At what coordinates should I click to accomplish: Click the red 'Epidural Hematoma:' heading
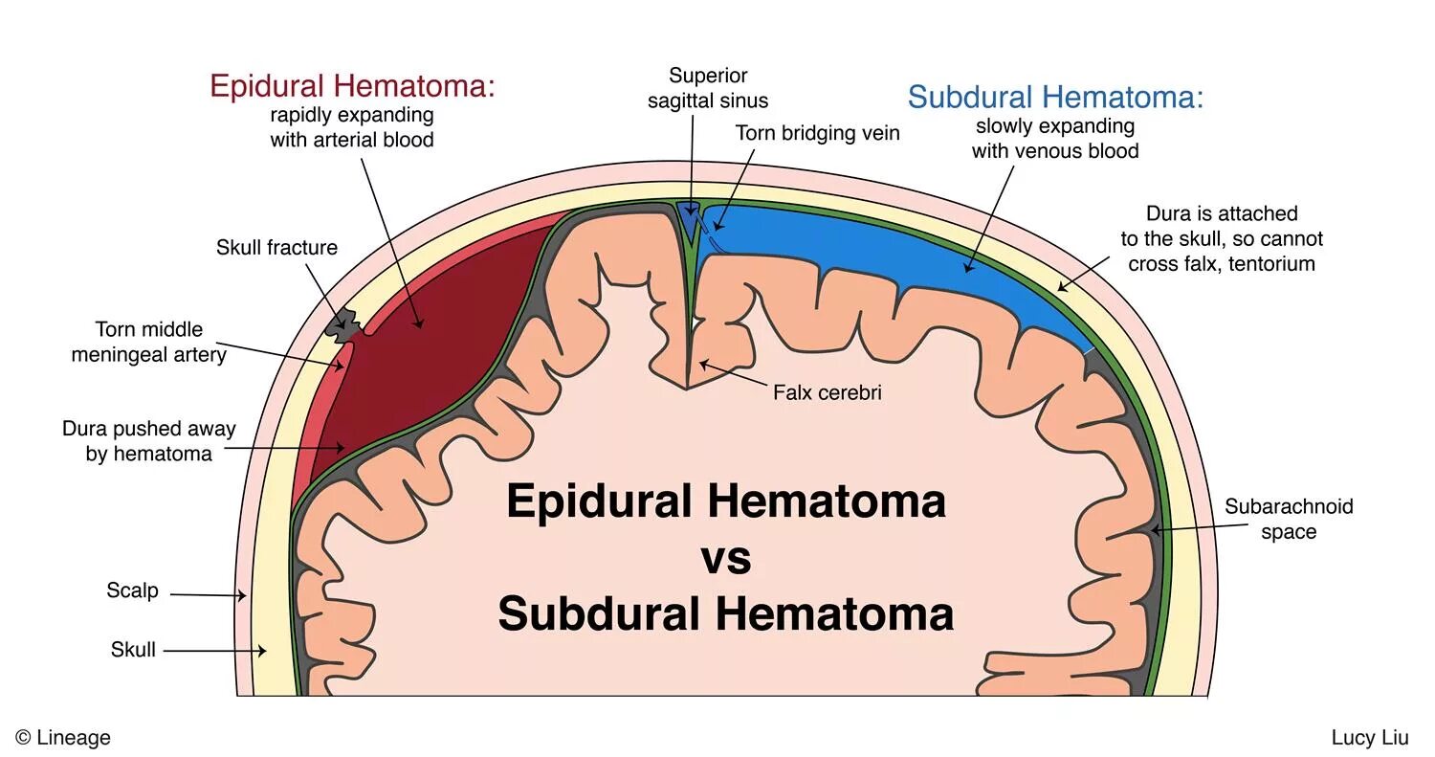coord(352,86)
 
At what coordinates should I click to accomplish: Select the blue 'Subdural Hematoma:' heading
coord(1054,97)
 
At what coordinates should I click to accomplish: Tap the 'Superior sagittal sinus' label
coord(707,88)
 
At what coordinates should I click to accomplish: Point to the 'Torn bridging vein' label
coord(817,133)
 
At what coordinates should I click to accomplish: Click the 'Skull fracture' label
coord(276,248)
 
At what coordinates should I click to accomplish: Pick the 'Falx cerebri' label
coord(827,392)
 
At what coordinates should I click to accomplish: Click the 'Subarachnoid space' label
coord(1288,519)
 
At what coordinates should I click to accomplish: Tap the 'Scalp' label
coord(132,590)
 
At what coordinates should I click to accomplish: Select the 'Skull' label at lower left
coord(133,651)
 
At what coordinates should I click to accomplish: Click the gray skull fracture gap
coord(339,325)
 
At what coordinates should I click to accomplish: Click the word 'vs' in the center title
coord(725,557)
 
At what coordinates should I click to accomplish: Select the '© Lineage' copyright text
coord(63,738)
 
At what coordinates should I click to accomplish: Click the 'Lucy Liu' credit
coord(1369,738)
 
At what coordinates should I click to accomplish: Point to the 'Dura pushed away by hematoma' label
coord(148,441)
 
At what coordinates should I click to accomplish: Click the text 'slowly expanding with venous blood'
coord(1054,139)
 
